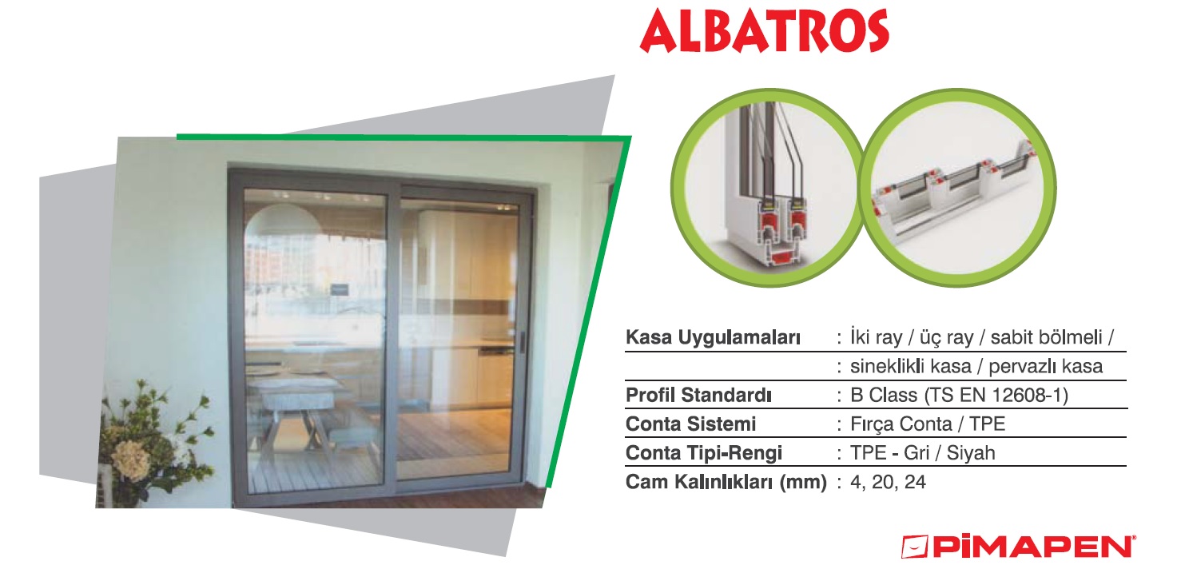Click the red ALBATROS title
coord(764,30)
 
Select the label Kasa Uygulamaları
coord(713,337)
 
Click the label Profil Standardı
coord(699,396)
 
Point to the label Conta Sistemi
coord(691,424)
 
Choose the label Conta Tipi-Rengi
coord(704,453)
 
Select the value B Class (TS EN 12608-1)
coord(960,396)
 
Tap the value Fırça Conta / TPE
coord(928,424)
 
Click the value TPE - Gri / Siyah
coord(923,453)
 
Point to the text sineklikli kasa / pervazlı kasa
coord(976,366)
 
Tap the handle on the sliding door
coord(522,342)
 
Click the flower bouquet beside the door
coord(153,441)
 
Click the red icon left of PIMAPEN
coord(915,547)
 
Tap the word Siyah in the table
coord(971,453)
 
